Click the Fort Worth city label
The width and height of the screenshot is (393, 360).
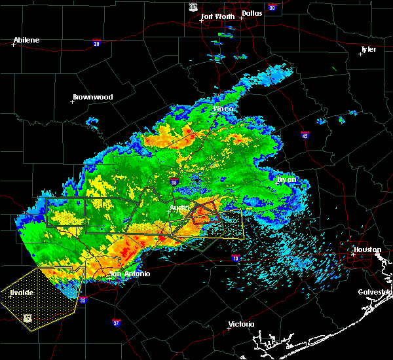217,16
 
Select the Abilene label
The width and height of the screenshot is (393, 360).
27,40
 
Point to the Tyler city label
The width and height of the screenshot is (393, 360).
368,49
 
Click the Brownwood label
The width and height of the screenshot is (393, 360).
92,97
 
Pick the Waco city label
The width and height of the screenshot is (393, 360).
223,109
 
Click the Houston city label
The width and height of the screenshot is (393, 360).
367,249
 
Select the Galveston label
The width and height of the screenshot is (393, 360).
374,292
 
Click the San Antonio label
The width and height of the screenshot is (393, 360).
130,274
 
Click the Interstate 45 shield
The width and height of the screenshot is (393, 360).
305,135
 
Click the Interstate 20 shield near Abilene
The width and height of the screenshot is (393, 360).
96,43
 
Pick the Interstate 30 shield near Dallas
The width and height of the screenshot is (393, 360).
272,8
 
